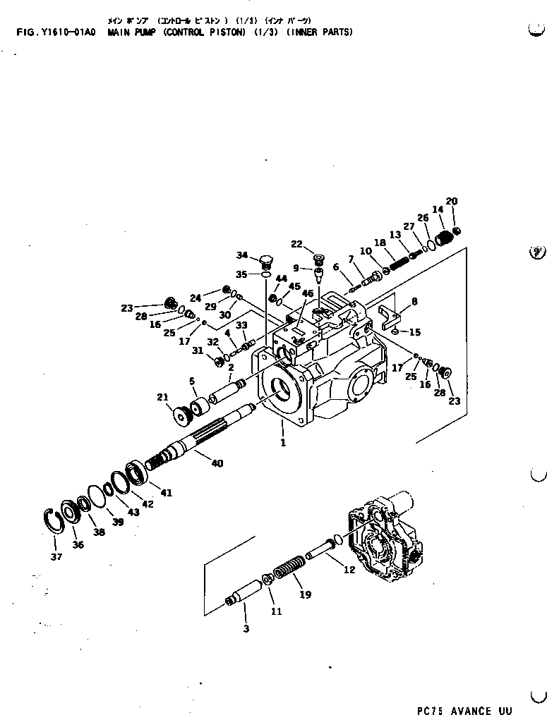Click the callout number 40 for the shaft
pos(217,463)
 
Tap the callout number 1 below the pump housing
pos(282,443)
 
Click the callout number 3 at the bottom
pos(246,628)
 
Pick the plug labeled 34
pos(266,262)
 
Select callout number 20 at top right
pos(452,201)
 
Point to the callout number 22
pos(297,244)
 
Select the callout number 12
pos(349,570)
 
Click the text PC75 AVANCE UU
pos(464,710)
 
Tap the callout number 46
pos(307,293)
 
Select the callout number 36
pos(78,544)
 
